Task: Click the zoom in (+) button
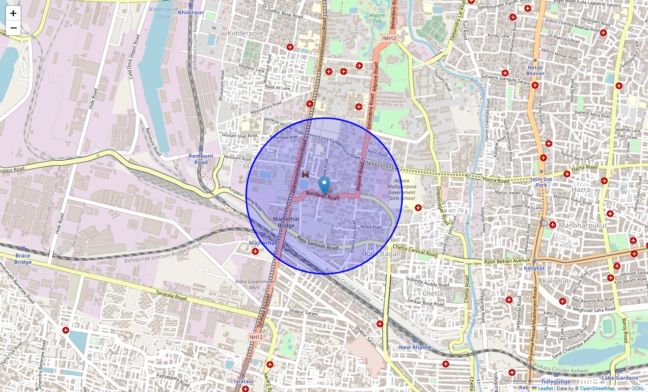(13, 13)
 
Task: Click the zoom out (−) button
(13, 28)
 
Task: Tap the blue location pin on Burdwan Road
(324, 186)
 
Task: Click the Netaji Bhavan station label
(536, 70)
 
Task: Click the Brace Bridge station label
(23, 258)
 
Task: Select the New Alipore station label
(415, 347)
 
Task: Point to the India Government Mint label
(254, 285)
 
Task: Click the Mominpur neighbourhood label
(260, 167)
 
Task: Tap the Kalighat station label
(534, 268)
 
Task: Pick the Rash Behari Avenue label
(507, 261)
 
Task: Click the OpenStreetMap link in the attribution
(597, 389)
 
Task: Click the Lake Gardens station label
(620, 378)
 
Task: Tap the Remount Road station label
(201, 159)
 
